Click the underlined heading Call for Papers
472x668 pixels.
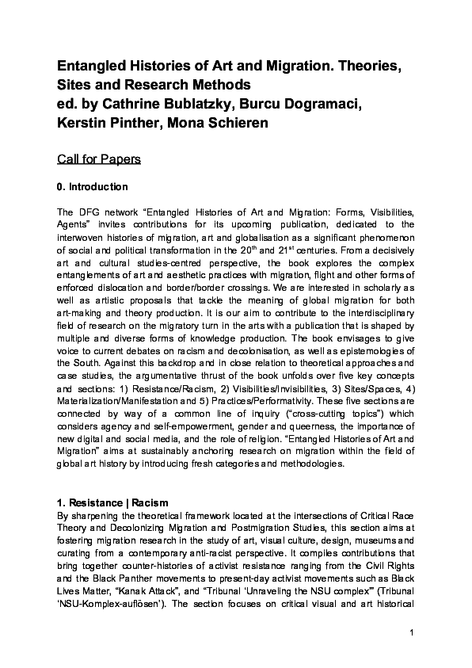tap(99, 159)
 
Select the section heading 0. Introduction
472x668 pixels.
tap(92, 187)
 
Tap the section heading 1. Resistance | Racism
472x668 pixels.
tap(112, 502)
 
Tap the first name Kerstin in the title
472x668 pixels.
tap(83, 124)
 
